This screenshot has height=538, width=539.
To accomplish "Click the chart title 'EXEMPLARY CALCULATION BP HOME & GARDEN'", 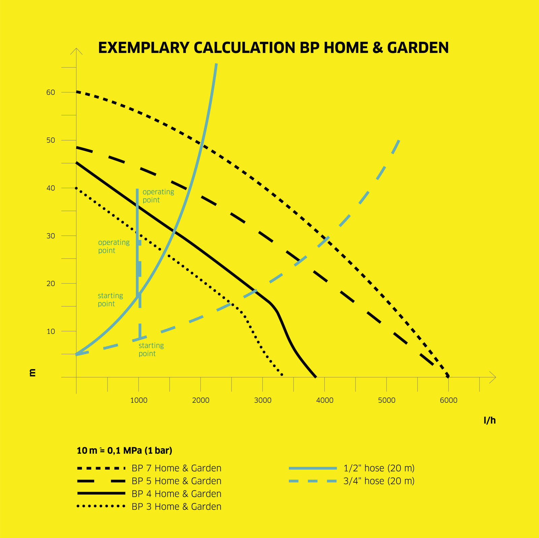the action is [x=273, y=48].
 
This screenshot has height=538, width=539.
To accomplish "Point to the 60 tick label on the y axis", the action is [x=51, y=92].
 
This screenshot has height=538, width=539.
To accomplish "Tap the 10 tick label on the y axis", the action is [x=51, y=331].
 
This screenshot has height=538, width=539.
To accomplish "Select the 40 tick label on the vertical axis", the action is [x=51, y=188].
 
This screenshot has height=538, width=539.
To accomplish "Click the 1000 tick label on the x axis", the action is [x=139, y=400].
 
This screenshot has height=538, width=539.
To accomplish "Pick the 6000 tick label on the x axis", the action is [x=449, y=400].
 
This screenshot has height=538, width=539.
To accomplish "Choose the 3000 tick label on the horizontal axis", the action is [x=263, y=400].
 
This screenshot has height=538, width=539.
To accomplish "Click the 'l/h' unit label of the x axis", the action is [x=490, y=420].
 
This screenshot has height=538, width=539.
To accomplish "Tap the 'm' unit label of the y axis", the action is [x=32, y=372].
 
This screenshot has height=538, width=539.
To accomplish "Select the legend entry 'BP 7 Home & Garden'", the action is [x=177, y=468].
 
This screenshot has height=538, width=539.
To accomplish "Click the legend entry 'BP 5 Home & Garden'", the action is [x=177, y=481].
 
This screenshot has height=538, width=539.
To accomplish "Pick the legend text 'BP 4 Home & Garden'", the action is [x=177, y=494].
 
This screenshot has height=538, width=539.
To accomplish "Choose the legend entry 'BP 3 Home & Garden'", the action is [x=177, y=507].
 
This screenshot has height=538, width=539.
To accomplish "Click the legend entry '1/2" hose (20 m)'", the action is [x=379, y=468].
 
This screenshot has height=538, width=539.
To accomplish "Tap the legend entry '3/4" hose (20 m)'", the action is [x=379, y=481].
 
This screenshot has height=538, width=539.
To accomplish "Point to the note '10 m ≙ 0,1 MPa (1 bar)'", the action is [x=125, y=451].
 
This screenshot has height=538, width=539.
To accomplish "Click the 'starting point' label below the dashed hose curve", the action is [x=151, y=350].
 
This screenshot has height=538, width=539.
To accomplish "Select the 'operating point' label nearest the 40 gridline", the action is [x=158, y=196].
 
